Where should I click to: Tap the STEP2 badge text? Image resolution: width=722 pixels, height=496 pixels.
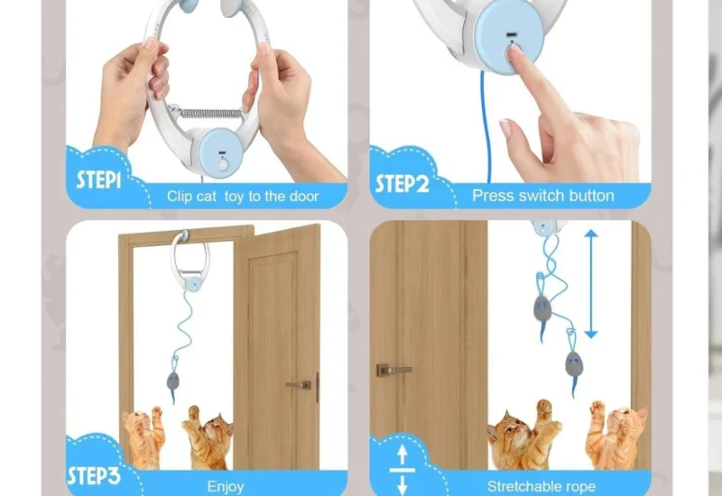[402, 184]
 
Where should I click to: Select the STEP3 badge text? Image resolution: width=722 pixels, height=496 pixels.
[94, 475]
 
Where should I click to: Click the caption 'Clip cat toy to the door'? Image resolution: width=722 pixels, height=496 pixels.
[244, 196]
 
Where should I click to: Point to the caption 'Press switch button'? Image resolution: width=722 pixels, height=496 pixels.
[542, 196]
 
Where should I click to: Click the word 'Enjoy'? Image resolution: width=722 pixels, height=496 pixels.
[225, 487]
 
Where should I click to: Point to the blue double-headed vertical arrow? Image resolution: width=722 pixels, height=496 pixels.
[591, 284]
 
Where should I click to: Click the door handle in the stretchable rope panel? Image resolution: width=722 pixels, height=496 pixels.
[393, 370]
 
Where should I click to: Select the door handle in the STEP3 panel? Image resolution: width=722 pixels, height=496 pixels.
[300, 384]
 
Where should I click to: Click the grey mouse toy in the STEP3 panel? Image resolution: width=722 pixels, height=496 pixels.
[172, 379]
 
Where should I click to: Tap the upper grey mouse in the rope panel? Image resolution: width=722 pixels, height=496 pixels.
[541, 309]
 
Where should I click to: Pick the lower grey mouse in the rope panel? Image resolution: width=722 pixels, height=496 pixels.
[573, 363]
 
